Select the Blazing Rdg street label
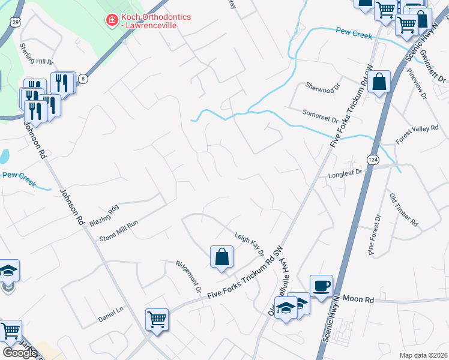(x=104, y=215)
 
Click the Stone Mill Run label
(x=119, y=230)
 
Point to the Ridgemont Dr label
(x=188, y=275)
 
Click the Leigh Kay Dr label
(x=250, y=244)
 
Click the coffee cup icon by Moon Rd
(x=321, y=286)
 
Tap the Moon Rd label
(x=362, y=299)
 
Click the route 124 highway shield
(x=373, y=160)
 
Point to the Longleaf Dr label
(x=346, y=175)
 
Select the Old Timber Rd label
(x=403, y=209)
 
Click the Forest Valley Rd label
(x=417, y=134)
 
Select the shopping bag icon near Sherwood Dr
(x=380, y=81)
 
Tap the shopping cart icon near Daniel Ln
(x=157, y=319)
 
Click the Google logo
(x=19, y=352)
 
